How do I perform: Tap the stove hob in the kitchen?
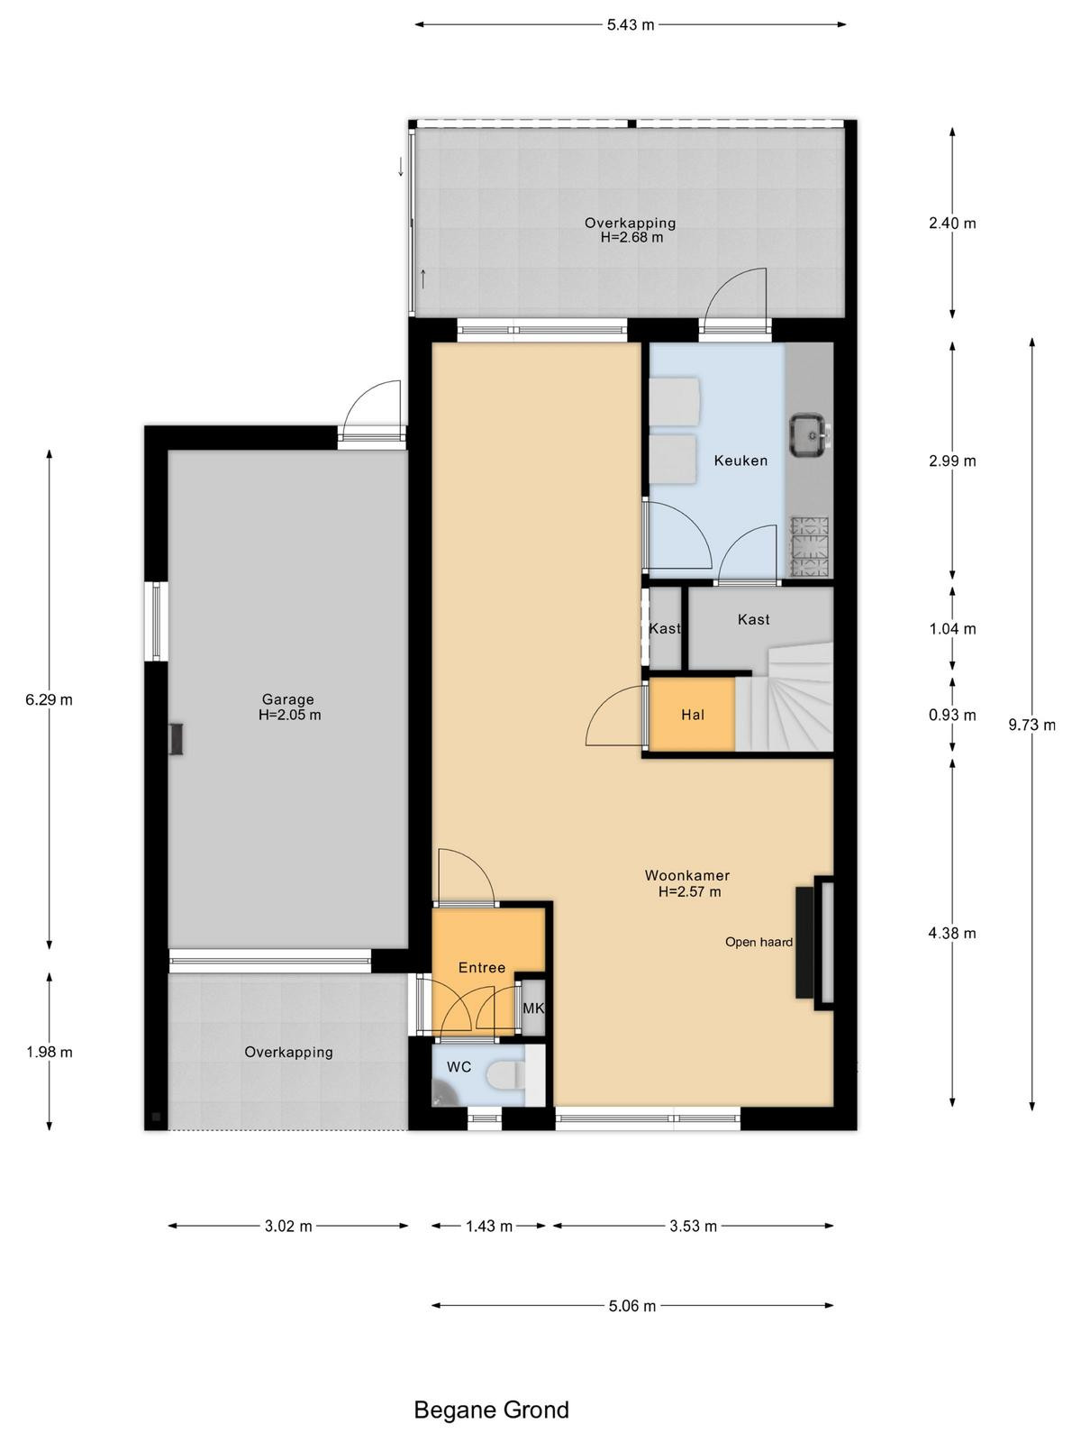click(x=810, y=546)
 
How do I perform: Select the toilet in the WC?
click(x=507, y=1075)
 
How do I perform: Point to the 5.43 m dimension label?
click(x=630, y=25)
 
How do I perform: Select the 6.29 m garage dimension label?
click(x=50, y=699)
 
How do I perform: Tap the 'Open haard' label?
click(x=759, y=942)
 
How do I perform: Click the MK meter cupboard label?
click(x=533, y=1008)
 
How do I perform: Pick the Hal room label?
click(x=693, y=715)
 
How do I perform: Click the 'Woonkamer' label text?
click(x=687, y=875)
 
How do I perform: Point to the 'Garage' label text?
click(x=287, y=699)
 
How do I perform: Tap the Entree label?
click(x=482, y=968)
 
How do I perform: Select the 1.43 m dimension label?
click(x=489, y=1227)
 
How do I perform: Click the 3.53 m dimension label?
click(x=693, y=1227)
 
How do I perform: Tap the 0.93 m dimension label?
click(x=952, y=715)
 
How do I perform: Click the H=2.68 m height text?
click(x=631, y=238)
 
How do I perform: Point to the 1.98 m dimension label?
click(x=50, y=1053)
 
